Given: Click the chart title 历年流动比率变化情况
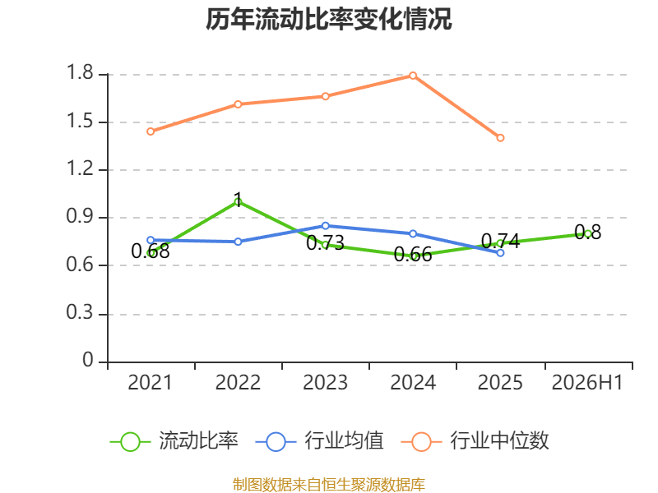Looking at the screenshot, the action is pos(328,19).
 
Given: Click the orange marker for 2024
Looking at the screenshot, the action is pos(413,76).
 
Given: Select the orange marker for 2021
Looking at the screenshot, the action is pos(151,131).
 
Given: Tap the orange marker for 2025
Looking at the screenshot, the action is pos(500,138).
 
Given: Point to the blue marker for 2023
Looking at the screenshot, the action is pos(325,226).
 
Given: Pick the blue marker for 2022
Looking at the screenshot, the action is pos(238,242).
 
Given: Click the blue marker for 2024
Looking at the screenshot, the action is pos(413,234).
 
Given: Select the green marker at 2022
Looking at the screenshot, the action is pos(238,202).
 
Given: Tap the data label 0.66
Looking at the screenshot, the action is pos(413,255).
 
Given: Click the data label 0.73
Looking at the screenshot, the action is pos(325,243).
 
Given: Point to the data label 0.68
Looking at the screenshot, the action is pos(151,251).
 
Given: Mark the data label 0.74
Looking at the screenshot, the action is pos(500,242).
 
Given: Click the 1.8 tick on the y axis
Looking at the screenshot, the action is pos(80,72).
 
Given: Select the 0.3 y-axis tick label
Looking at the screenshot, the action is pos(80,312).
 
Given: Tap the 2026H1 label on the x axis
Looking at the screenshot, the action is pos(587,382).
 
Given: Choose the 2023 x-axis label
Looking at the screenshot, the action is pos(325,382).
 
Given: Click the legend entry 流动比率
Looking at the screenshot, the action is pos(174,441).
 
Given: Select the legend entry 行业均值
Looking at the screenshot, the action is pos(319,441).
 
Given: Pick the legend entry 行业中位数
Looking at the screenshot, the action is pos(475,441).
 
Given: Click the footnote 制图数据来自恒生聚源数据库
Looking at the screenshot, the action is pos(328,484).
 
